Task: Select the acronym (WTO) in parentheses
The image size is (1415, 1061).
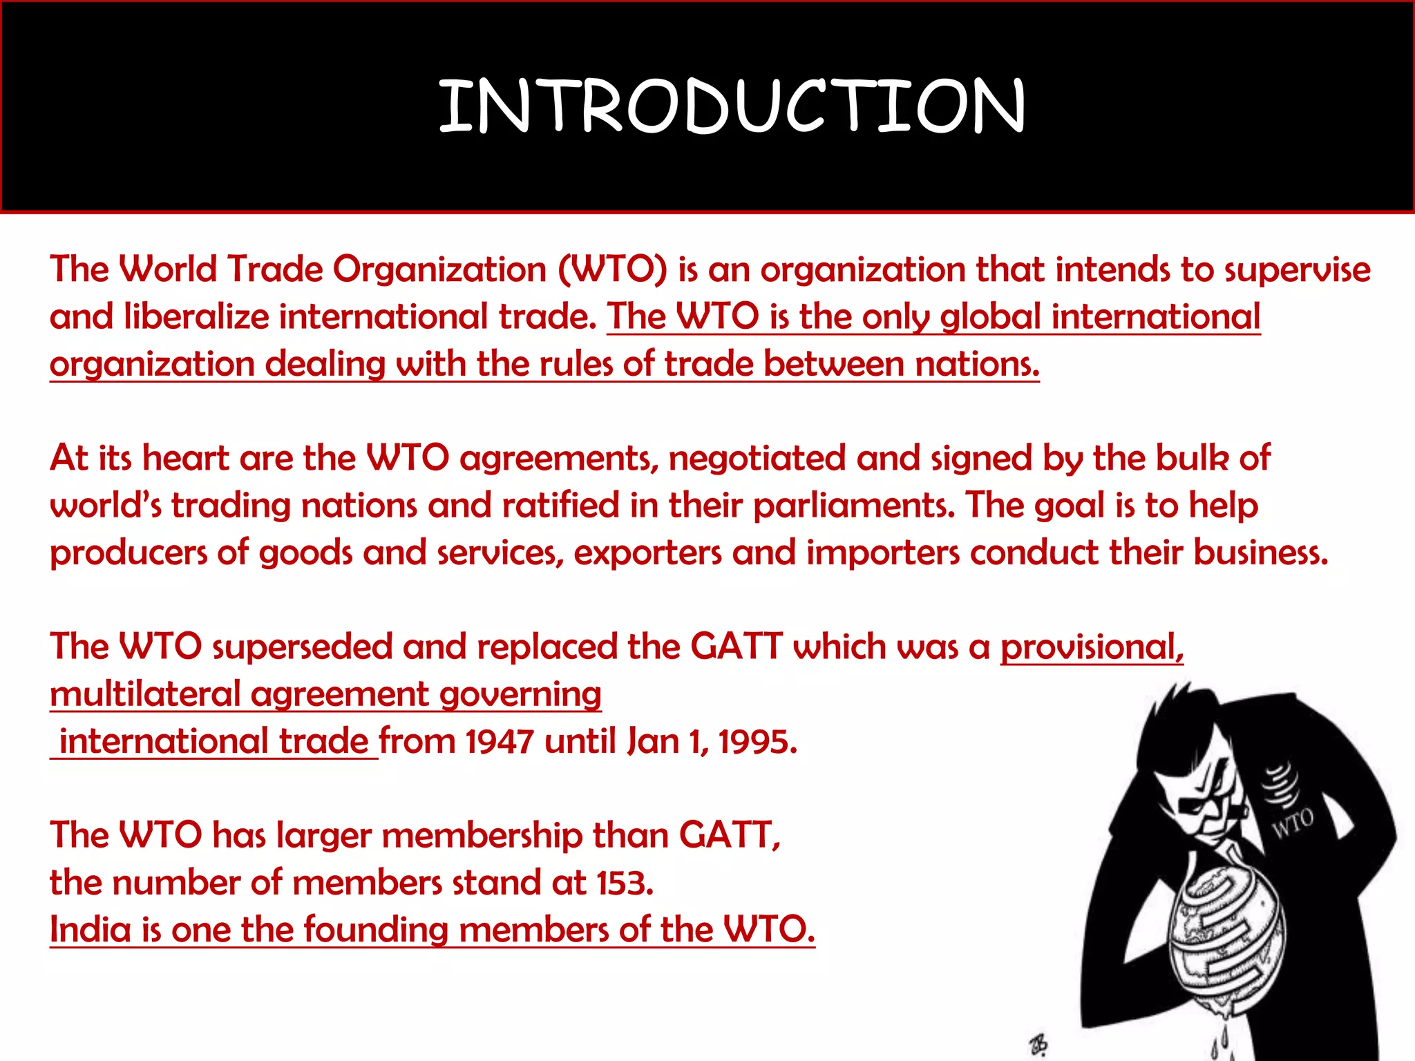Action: click(x=613, y=269)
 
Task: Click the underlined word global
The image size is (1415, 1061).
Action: click(x=990, y=318)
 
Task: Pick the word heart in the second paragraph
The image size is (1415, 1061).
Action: click(x=185, y=459)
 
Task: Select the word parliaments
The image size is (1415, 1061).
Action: click(x=853, y=506)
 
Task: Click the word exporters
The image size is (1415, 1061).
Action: click(x=647, y=553)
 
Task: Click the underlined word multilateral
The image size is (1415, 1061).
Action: click(x=144, y=695)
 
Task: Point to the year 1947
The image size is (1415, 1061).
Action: click(x=499, y=743)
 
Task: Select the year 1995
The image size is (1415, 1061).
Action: click(x=757, y=743)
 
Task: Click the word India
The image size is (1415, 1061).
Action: click(x=90, y=930)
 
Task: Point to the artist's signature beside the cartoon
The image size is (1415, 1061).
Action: click(x=1038, y=1044)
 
